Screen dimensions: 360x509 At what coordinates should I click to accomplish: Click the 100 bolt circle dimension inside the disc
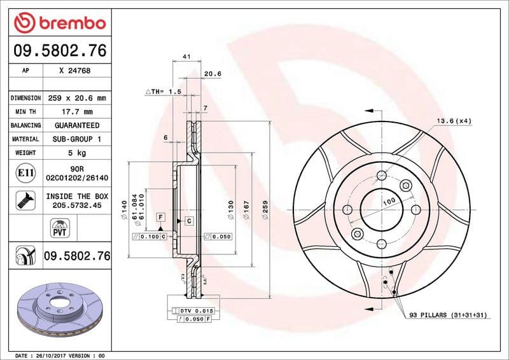389,201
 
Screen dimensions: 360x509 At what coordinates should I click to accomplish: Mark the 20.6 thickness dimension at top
212,74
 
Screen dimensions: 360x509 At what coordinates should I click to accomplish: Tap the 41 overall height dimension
186,57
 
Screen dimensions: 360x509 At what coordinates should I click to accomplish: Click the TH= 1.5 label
164,92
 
